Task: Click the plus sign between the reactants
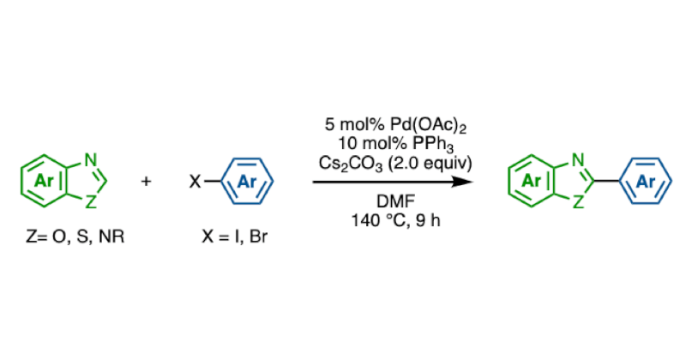pyautogui.click(x=146, y=181)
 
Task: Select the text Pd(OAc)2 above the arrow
pyautogui.click(x=428, y=125)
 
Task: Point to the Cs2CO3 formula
pyautogui.click(x=350, y=164)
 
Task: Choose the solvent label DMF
pyautogui.click(x=396, y=201)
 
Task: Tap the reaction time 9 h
pyautogui.click(x=428, y=220)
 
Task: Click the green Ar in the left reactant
pyautogui.click(x=44, y=181)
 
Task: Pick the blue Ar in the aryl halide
pyautogui.click(x=246, y=181)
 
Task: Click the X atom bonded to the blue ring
pyautogui.click(x=195, y=181)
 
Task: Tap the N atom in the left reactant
pyautogui.click(x=91, y=160)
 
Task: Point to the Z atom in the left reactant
pyautogui.click(x=90, y=202)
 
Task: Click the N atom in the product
pyautogui.click(x=578, y=160)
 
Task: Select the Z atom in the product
pyautogui.click(x=578, y=202)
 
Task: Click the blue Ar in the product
pyautogui.click(x=646, y=181)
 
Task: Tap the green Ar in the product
pyautogui.click(x=531, y=181)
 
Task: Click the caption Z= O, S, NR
pyautogui.click(x=75, y=237)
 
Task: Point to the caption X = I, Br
pyautogui.click(x=234, y=237)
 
